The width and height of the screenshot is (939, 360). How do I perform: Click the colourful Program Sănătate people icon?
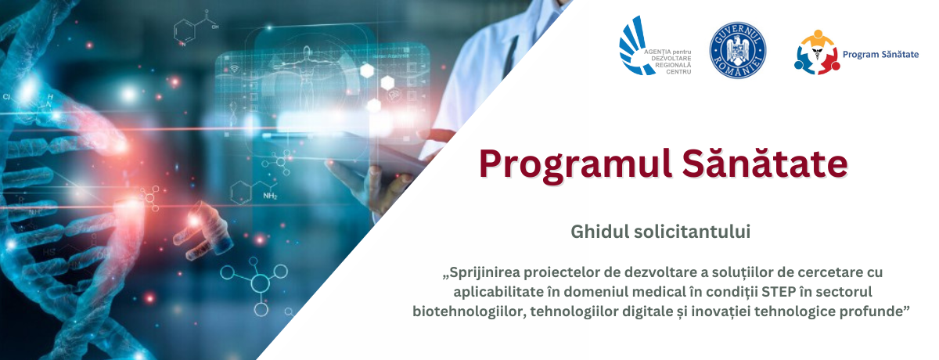[x=815, y=52]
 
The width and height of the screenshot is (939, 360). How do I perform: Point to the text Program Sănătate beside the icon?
[x=880, y=54]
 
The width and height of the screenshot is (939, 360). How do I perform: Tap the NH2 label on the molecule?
[x=270, y=196]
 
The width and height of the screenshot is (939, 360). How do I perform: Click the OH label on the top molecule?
[x=206, y=13]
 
